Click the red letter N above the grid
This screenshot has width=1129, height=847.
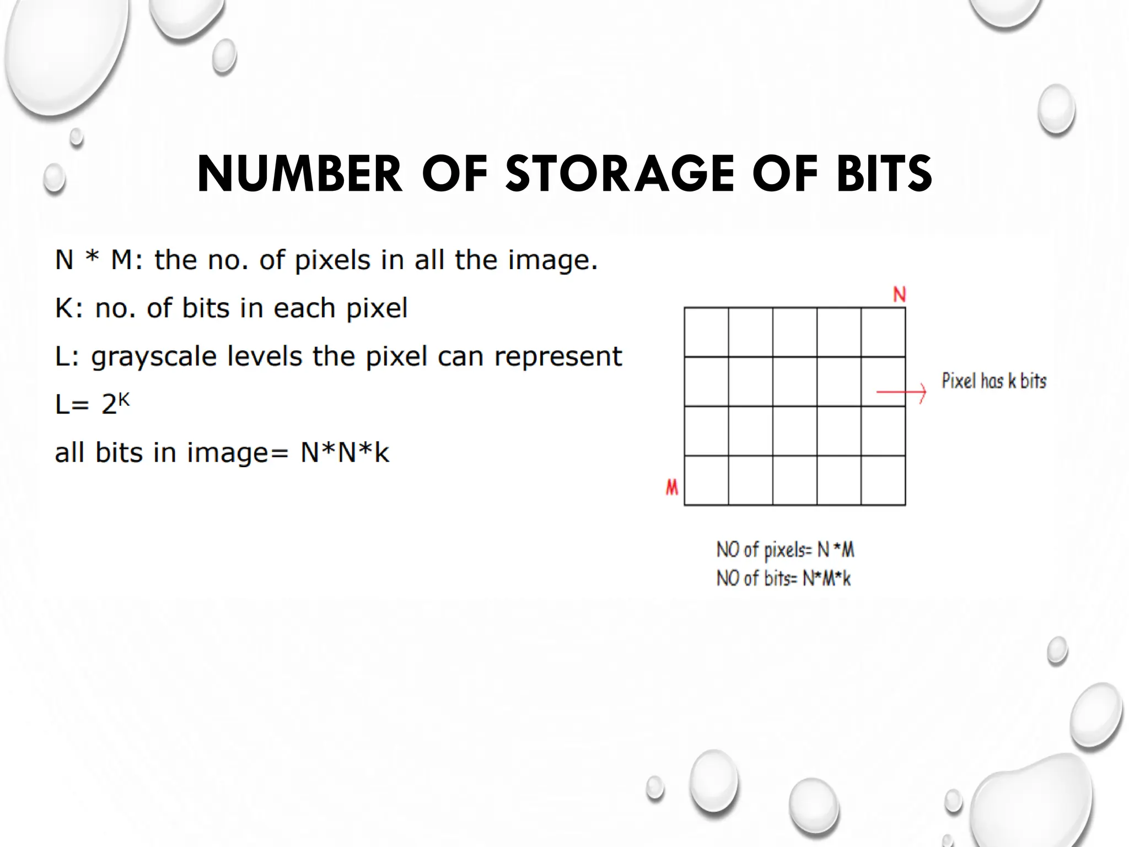point(899,294)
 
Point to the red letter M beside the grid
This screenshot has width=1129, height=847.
point(671,487)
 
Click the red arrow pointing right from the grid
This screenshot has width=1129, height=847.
point(901,392)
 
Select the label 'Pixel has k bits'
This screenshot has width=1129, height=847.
point(993,381)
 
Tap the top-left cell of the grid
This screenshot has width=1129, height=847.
point(706,332)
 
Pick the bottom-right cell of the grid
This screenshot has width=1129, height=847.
point(883,480)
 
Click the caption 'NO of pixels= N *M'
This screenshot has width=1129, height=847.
point(785,550)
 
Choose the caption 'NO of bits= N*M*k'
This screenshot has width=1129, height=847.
point(783,578)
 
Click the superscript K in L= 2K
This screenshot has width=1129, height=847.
point(124,399)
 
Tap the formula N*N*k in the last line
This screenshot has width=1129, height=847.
point(345,453)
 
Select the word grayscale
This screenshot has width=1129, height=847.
point(154,357)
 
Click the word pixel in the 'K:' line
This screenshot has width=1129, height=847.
point(377,308)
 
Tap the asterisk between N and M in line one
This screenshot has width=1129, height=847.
point(92,258)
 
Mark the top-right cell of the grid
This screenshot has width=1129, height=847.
point(883,332)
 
